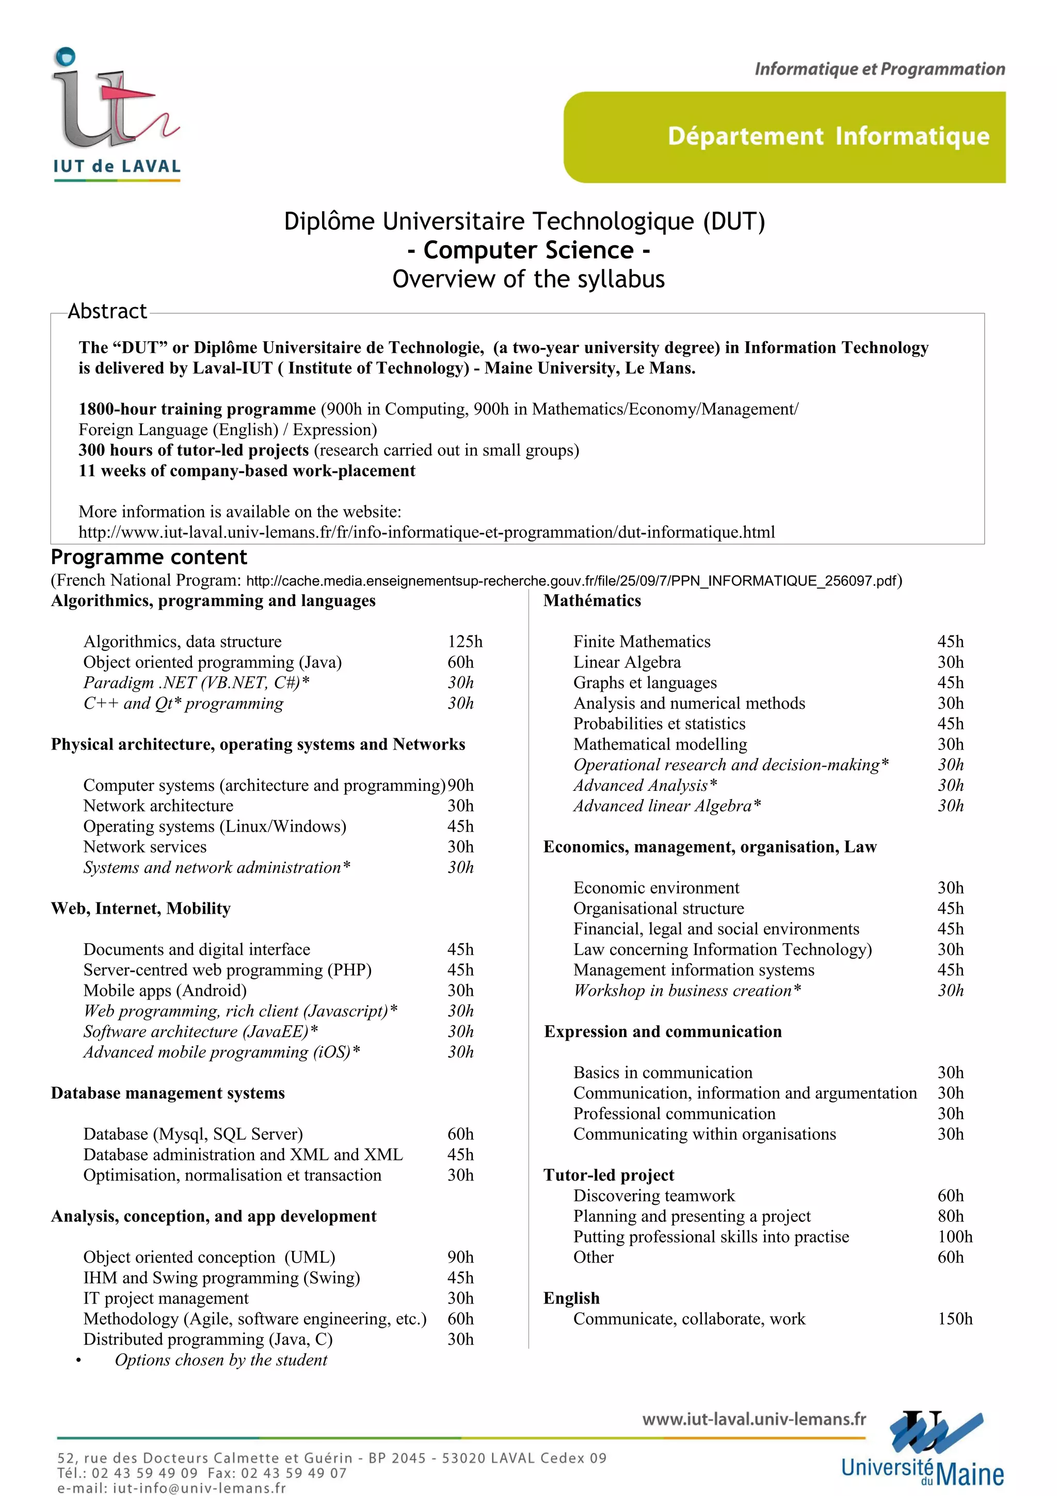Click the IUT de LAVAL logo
tap(116, 114)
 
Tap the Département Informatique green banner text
tap(828, 136)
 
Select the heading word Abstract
tap(107, 311)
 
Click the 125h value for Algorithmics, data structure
tap(465, 642)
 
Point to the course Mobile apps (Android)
tap(165, 991)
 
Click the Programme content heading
tap(149, 557)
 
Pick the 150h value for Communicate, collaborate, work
tap(955, 1319)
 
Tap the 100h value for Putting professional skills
tap(955, 1237)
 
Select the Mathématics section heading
tap(592, 601)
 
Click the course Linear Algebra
tap(627, 662)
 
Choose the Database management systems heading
tap(168, 1093)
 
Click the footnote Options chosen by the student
tap(221, 1360)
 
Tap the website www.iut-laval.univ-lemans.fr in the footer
tap(754, 1419)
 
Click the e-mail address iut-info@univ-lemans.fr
tap(199, 1488)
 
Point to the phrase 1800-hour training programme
tap(197, 409)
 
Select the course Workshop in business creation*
tap(687, 991)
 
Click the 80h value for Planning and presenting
tap(950, 1216)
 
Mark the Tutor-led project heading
tap(608, 1175)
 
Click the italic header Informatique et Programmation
tap(879, 69)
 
